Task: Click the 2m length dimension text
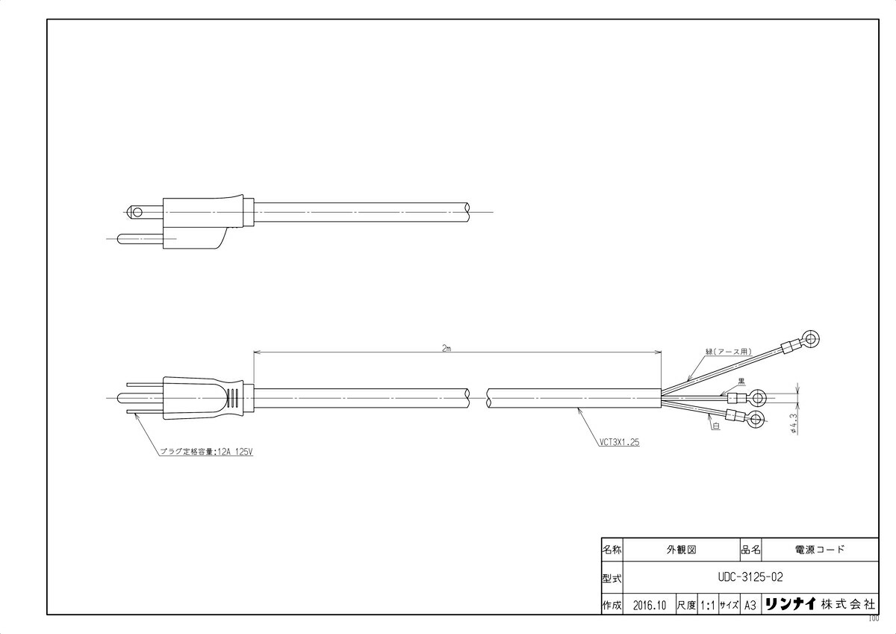[x=446, y=348]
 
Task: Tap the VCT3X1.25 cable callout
[x=619, y=442]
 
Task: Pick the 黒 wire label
[x=742, y=381]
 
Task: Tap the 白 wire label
[x=715, y=425]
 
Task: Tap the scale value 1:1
[x=706, y=605]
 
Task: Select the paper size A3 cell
[x=750, y=605]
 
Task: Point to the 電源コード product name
[x=820, y=549]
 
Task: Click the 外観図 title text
[x=680, y=549]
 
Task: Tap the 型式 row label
[x=612, y=577]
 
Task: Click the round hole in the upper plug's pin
[x=136, y=212]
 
